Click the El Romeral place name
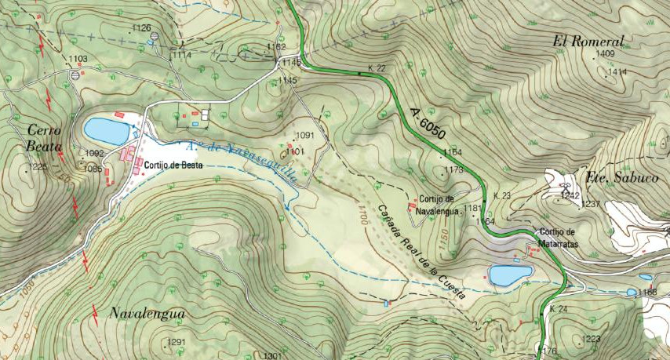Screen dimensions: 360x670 tap(588, 42)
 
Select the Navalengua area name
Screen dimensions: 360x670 tap(147, 314)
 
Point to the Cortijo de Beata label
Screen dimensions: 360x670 tap(173, 165)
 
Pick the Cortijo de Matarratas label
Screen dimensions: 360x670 tap(558, 236)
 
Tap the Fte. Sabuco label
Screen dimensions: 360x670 tap(622, 178)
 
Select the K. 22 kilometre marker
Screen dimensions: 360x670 tap(377, 69)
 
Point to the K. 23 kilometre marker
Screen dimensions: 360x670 tap(502, 195)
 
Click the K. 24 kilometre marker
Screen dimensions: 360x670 tap(558, 309)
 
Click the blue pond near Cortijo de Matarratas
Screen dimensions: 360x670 tap(511, 275)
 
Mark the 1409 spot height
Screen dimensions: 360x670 tap(606, 54)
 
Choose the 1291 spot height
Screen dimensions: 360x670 tap(177, 342)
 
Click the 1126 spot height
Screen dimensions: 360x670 tap(141, 28)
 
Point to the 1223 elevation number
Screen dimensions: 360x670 tap(592, 339)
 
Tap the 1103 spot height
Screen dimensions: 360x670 tap(78, 60)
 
